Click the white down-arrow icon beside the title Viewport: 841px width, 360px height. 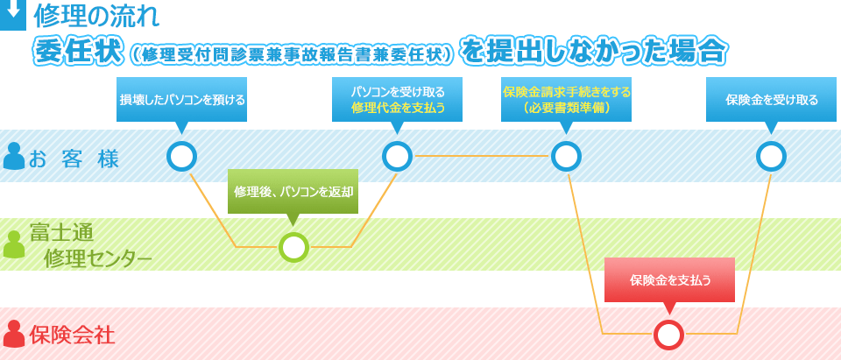(12, 13)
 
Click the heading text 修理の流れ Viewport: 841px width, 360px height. (96, 15)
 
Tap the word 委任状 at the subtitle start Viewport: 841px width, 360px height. (77, 51)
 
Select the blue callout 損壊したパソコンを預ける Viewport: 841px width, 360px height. (181, 99)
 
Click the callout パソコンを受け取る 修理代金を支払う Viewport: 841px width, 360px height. (398, 99)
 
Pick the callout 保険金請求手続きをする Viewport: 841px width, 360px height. (566, 99)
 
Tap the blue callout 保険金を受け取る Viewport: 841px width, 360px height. (771, 99)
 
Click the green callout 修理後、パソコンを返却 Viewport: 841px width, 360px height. (293, 191)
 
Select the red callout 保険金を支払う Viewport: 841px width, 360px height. (669, 279)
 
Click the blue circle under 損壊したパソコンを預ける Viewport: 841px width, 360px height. (181, 156)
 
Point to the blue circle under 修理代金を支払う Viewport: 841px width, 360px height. (397, 156)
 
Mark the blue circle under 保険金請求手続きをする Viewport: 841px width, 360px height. (566, 156)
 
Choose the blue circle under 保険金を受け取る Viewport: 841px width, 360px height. (771, 156)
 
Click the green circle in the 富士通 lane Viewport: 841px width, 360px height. (293, 247)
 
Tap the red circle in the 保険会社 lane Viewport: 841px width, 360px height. (668, 334)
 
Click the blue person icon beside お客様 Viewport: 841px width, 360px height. (14, 156)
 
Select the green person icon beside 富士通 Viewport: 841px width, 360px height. (14, 244)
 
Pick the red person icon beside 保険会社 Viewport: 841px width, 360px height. (14, 334)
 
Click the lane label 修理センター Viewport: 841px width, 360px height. (97, 258)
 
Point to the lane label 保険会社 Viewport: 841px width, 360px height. (72, 335)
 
